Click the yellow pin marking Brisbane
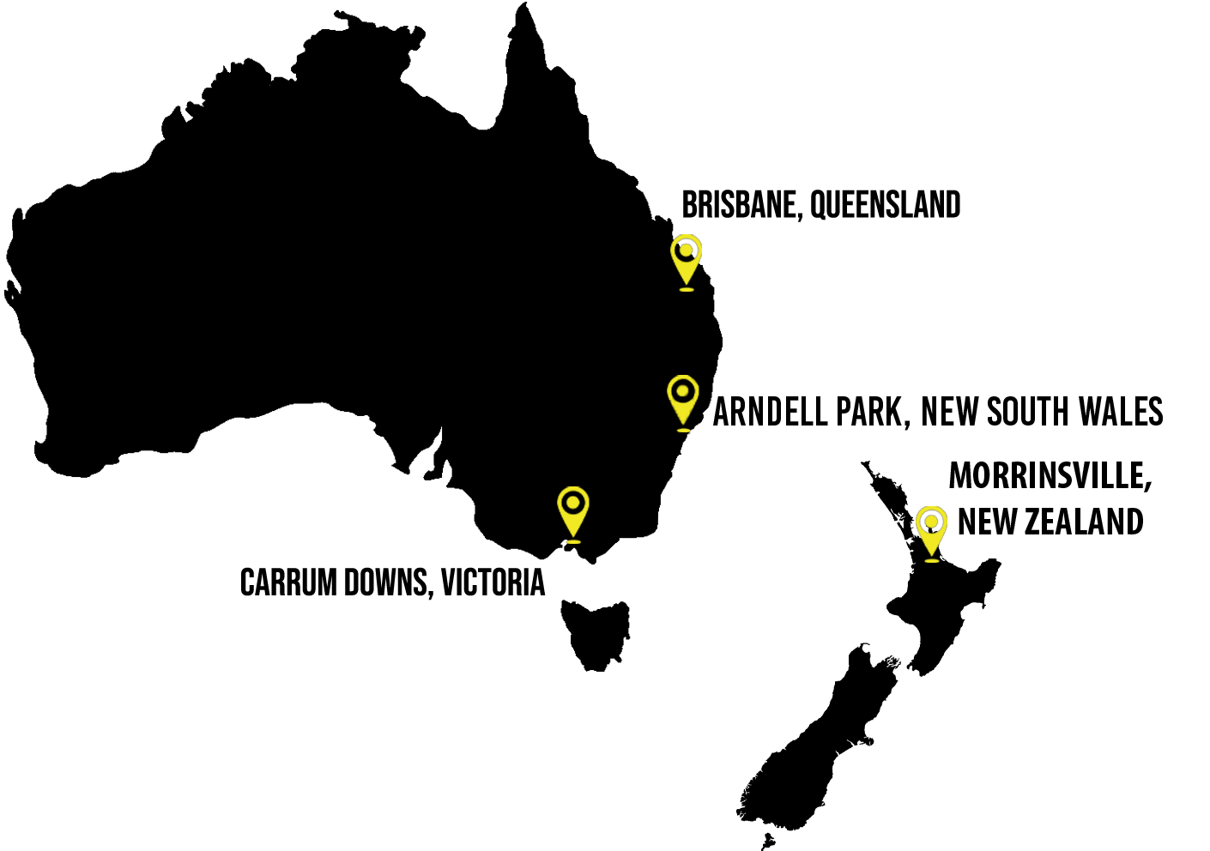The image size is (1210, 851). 686,263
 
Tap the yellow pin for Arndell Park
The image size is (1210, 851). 683,403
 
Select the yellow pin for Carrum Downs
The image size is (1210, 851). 573,514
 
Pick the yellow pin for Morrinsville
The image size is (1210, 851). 931,534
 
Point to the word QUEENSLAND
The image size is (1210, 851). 886,205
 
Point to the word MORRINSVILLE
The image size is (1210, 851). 1049,476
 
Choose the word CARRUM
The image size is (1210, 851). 289,582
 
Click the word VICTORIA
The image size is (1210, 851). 493,582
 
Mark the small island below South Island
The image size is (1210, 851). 768,842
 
